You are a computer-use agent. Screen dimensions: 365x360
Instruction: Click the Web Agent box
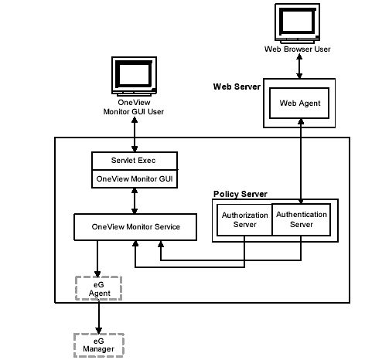coord(299,103)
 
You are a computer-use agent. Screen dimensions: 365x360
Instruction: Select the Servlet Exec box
coord(135,161)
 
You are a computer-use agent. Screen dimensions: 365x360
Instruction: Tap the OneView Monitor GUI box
coord(135,179)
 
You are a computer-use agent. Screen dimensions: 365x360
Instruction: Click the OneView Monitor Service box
coord(135,227)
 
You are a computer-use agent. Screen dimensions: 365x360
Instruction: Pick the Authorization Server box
coord(244,220)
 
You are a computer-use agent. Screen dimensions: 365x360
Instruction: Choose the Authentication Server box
coord(302,219)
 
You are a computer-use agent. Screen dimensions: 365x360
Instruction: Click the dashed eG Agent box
coord(98,288)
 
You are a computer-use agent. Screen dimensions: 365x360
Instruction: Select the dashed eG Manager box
coord(99,345)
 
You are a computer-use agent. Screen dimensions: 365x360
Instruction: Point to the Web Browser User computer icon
coord(298,23)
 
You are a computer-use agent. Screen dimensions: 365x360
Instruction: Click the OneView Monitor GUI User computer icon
coord(134,76)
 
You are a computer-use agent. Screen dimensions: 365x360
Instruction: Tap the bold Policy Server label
coord(240,194)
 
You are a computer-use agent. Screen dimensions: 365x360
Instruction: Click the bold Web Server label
coord(237,87)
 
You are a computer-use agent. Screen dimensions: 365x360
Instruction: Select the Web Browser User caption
coord(298,49)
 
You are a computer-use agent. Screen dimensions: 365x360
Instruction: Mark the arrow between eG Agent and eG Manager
coord(99,317)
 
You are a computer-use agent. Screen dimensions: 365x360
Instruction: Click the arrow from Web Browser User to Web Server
coord(299,66)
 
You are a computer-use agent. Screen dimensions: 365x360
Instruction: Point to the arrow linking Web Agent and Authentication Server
coord(301,161)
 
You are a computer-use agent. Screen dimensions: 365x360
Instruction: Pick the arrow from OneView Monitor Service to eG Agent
coord(97,259)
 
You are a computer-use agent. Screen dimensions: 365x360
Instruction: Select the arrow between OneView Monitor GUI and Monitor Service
coord(135,201)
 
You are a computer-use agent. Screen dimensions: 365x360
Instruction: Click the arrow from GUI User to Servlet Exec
coord(135,134)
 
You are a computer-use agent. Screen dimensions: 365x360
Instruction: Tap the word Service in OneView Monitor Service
coord(167,227)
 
